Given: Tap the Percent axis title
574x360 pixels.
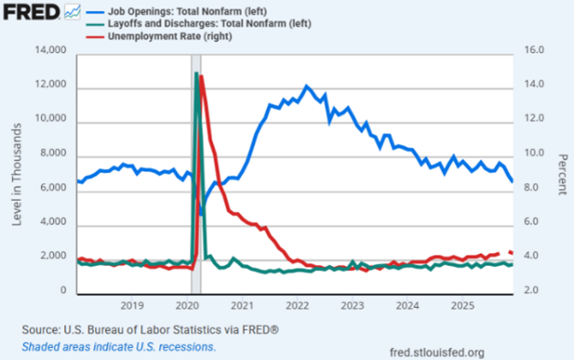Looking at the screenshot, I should coord(563,171).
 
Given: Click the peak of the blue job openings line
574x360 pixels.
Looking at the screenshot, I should coord(306,86).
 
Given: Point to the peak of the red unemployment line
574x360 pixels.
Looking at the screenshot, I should coord(201,77).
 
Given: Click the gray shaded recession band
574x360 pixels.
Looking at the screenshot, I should coord(195,171).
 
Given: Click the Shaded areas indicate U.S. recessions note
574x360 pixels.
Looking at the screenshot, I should coord(119,347).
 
